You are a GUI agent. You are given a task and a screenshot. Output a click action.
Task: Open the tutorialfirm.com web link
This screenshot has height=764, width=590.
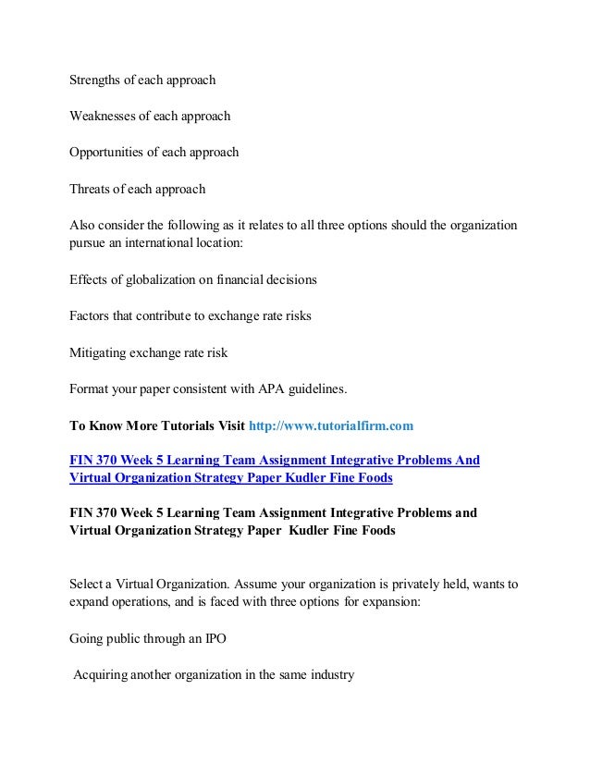[331, 425]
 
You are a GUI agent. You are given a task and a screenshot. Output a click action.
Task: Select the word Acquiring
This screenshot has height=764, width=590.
[104, 675]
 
